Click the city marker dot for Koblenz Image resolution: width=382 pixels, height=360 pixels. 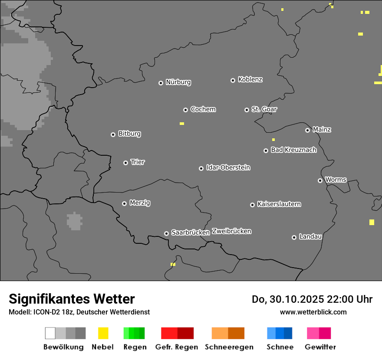click(x=233, y=80)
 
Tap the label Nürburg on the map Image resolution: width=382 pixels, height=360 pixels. click(x=178, y=82)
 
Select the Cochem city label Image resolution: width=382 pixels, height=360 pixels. click(x=203, y=109)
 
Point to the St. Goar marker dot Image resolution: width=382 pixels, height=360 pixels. click(x=247, y=110)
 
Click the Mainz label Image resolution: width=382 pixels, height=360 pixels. click(x=322, y=129)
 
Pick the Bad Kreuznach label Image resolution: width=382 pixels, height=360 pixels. click(x=293, y=150)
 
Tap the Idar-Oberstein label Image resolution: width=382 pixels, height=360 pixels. click(x=228, y=167)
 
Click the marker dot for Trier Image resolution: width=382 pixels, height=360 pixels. click(x=125, y=163)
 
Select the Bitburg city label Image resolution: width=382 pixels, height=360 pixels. click(x=129, y=134)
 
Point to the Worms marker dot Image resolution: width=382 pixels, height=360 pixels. click(x=320, y=180)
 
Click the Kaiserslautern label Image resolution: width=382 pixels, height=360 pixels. click(x=279, y=204)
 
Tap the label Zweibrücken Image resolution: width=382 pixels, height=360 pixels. click(x=232, y=231)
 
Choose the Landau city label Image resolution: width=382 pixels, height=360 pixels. click(x=310, y=236)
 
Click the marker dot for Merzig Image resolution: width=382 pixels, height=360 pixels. click(x=124, y=203)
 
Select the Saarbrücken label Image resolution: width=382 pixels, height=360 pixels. click(x=191, y=232)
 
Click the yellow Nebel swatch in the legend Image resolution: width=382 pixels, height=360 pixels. click(x=103, y=333)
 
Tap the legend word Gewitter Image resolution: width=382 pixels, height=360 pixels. click(x=320, y=347)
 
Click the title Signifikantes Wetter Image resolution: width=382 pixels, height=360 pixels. click(x=72, y=299)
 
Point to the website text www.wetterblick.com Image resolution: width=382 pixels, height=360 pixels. click(x=313, y=312)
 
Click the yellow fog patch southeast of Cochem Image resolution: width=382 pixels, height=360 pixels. click(x=182, y=124)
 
